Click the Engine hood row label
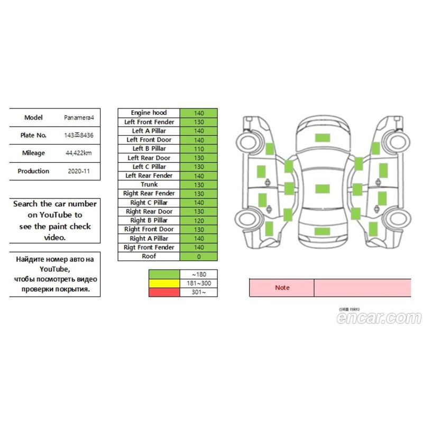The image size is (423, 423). click(149, 113)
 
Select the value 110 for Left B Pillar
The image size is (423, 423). click(199, 149)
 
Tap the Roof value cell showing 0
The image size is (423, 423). click(199, 256)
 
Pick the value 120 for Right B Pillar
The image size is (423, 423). click(199, 220)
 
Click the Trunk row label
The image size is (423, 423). click(149, 185)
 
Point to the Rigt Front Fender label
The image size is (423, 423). click(149, 247)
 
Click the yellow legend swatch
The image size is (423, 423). click(164, 283)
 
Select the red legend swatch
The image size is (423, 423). click(164, 292)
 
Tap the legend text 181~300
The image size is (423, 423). click(199, 283)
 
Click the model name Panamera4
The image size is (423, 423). click(79, 117)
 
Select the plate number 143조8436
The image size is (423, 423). click(78, 135)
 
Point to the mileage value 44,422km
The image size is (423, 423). click(78, 153)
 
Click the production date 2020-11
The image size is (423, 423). click(78, 171)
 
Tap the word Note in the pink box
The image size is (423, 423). click(282, 288)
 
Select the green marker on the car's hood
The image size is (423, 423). click(323, 137)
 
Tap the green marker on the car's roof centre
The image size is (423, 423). click(323, 189)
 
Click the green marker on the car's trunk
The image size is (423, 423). click(322, 231)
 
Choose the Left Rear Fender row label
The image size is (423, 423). click(149, 176)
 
